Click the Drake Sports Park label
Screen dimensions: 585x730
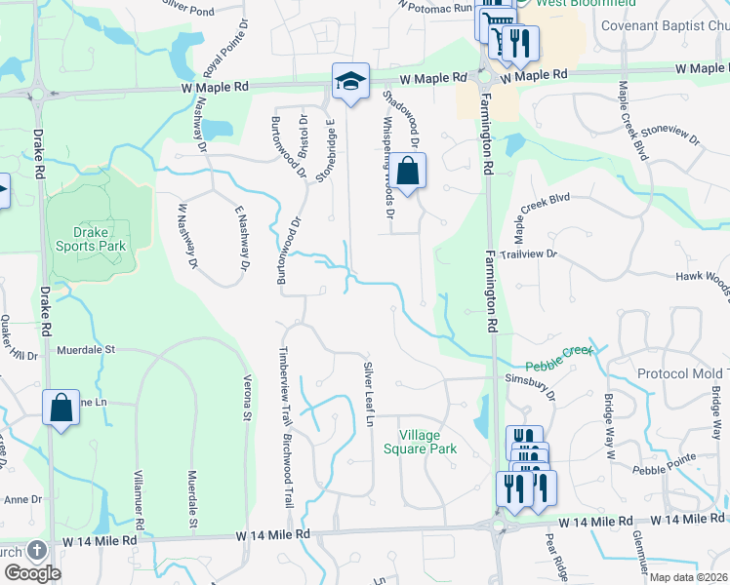(98, 239)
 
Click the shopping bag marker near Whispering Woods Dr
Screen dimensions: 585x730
(410, 171)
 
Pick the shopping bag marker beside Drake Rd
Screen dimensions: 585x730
(61, 409)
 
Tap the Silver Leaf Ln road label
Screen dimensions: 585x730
(369, 394)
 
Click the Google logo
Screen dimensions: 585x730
(32, 572)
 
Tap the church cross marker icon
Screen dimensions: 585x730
(37, 551)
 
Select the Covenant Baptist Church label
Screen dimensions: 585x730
(664, 26)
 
